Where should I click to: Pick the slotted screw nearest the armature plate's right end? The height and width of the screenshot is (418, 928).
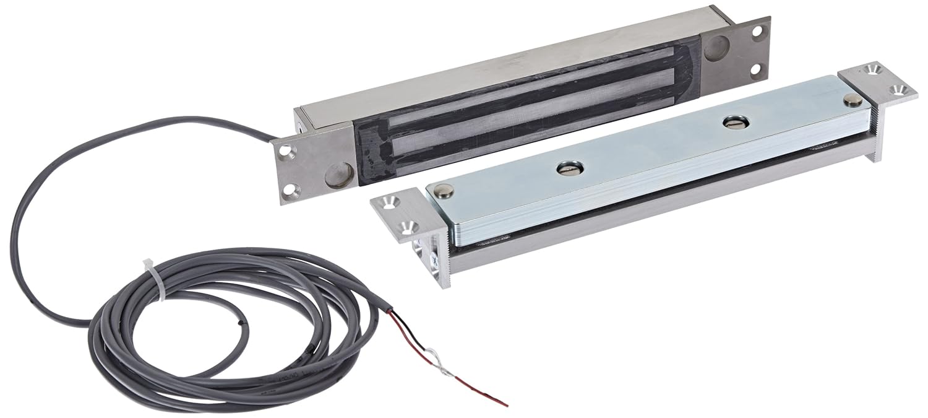(733, 123)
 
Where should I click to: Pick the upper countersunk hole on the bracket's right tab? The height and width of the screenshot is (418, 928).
(873, 68)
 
